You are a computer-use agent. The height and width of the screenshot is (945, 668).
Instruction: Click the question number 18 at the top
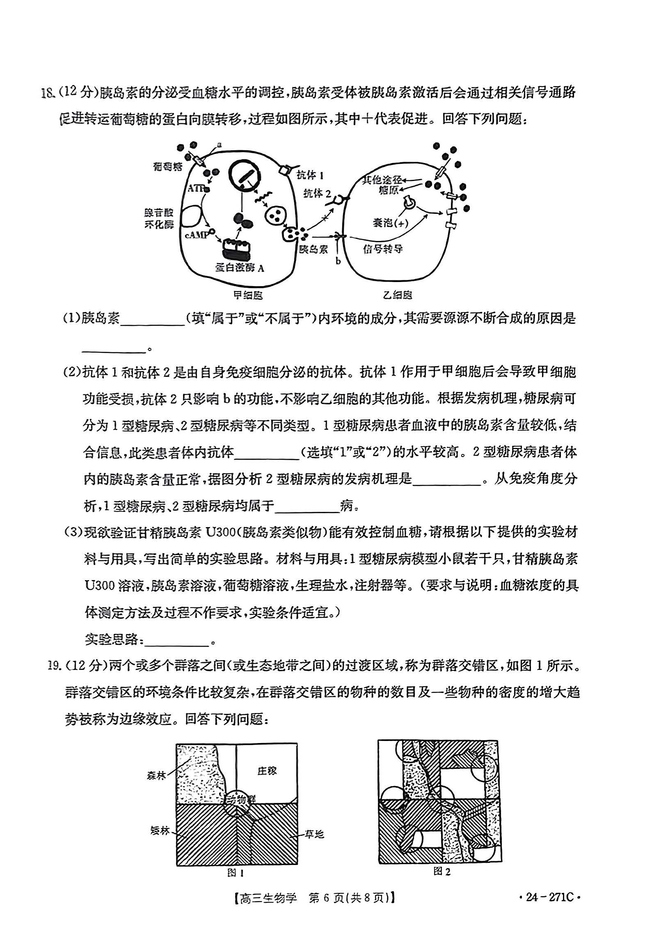pyautogui.click(x=48, y=93)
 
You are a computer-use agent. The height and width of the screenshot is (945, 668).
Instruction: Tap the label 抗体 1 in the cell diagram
pyautogui.click(x=310, y=175)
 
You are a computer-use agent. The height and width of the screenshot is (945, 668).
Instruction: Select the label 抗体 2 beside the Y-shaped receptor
pyautogui.click(x=317, y=193)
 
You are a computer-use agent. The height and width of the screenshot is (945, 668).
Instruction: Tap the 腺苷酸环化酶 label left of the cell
pyautogui.click(x=159, y=218)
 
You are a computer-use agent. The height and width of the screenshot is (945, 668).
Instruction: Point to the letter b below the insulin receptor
pyautogui.click(x=338, y=261)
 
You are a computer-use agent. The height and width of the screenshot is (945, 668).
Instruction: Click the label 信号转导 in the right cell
pyautogui.click(x=383, y=249)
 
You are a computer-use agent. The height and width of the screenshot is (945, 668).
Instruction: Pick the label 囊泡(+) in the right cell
pyautogui.click(x=390, y=222)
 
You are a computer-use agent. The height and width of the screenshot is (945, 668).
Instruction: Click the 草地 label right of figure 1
pyautogui.click(x=314, y=834)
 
